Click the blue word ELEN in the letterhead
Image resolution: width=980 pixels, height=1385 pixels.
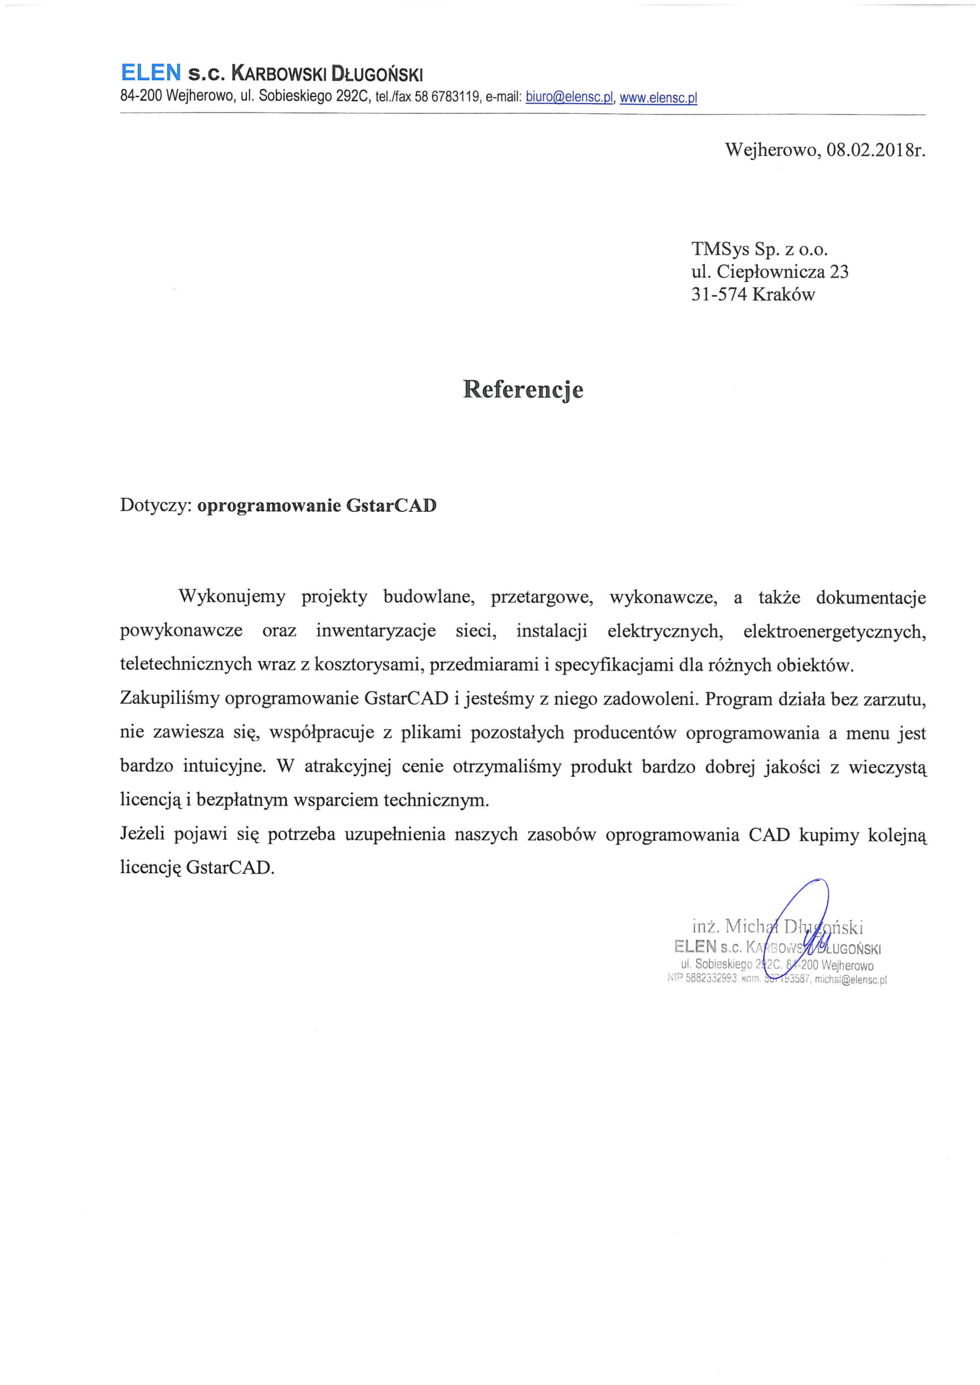[x=150, y=73]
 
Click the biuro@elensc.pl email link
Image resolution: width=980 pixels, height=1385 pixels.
[x=569, y=97]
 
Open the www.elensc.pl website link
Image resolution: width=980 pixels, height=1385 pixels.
[x=658, y=97]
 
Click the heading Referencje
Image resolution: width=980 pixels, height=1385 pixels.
[x=523, y=389]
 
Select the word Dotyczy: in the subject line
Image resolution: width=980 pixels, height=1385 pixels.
[x=156, y=505]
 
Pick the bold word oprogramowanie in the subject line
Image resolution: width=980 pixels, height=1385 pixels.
[x=269, y=505]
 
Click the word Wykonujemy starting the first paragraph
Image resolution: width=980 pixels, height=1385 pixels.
[x=232, y=597]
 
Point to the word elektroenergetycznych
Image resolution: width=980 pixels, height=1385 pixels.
[x=834, y=631]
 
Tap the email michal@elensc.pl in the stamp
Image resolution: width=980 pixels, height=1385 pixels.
[x=850, y=980]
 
